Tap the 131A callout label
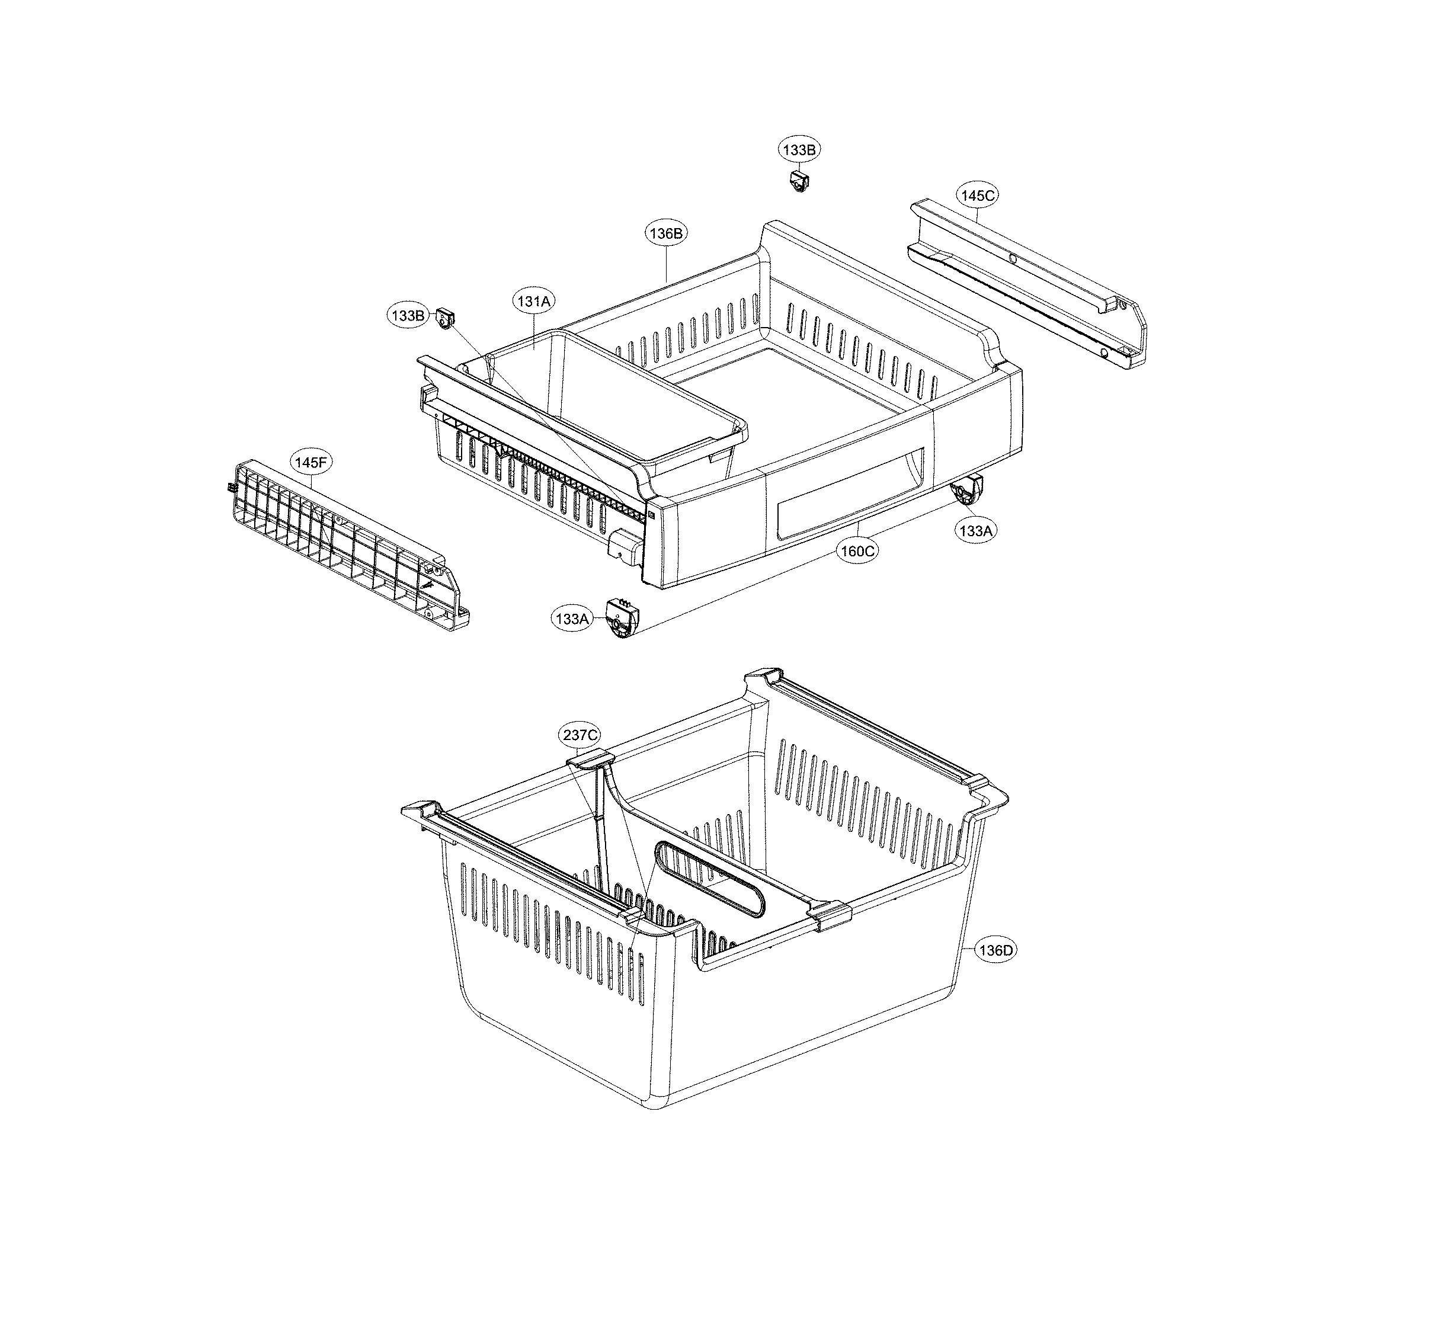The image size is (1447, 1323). pos(534,302)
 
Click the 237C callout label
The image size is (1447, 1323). pos(580,735)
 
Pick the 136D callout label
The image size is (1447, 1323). pos(995,950)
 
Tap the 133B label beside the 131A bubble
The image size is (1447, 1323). pos(408,315)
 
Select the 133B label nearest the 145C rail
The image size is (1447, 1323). pos(799,149)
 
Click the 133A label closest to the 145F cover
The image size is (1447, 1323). pos(571,618)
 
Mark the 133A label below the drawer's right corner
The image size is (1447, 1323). pos(975,530)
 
